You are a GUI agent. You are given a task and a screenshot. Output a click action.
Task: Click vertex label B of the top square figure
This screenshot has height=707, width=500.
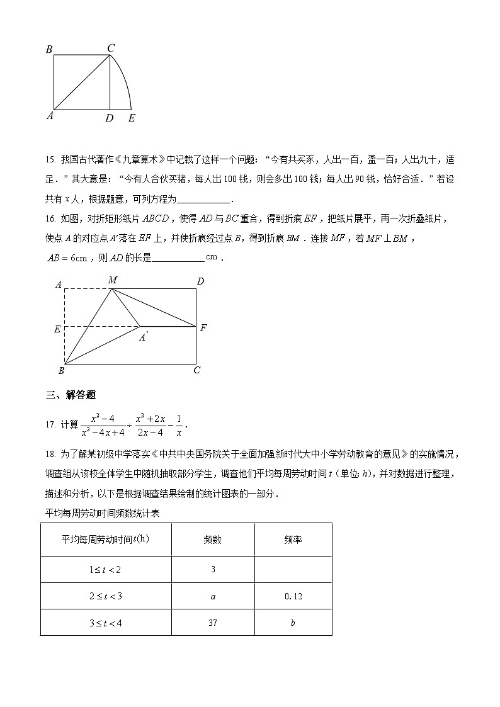coord(48,49)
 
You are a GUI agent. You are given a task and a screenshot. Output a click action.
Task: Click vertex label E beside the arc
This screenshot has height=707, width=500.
coord(131,118)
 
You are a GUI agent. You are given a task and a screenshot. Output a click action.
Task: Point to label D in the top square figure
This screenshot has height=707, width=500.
coord(110,118)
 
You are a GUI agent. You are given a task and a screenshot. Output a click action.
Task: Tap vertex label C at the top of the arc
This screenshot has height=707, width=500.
coord(110,48)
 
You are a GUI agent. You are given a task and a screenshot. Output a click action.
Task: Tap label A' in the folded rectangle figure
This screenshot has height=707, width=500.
coord(144,338)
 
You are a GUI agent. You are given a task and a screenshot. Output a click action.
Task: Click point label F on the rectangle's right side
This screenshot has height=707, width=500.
coord(203,327)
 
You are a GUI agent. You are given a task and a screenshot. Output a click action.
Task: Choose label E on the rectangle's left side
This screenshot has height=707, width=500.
coord(57,329)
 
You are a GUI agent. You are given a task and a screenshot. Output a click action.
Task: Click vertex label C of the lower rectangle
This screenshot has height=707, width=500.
coord(197,370)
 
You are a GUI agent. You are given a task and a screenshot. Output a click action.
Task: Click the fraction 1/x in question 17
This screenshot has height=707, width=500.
coord(178,425)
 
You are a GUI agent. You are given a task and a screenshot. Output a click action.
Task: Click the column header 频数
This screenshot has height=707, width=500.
coord(213,540)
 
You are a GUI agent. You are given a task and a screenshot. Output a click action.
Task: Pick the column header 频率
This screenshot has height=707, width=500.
coord(293,540)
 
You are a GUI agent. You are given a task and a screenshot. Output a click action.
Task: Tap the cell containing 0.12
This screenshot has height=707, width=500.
coord(293,596)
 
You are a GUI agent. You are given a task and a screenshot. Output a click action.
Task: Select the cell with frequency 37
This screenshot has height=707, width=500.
coord(213,622)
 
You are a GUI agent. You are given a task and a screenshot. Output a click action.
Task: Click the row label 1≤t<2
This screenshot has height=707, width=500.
coord(106,569)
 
